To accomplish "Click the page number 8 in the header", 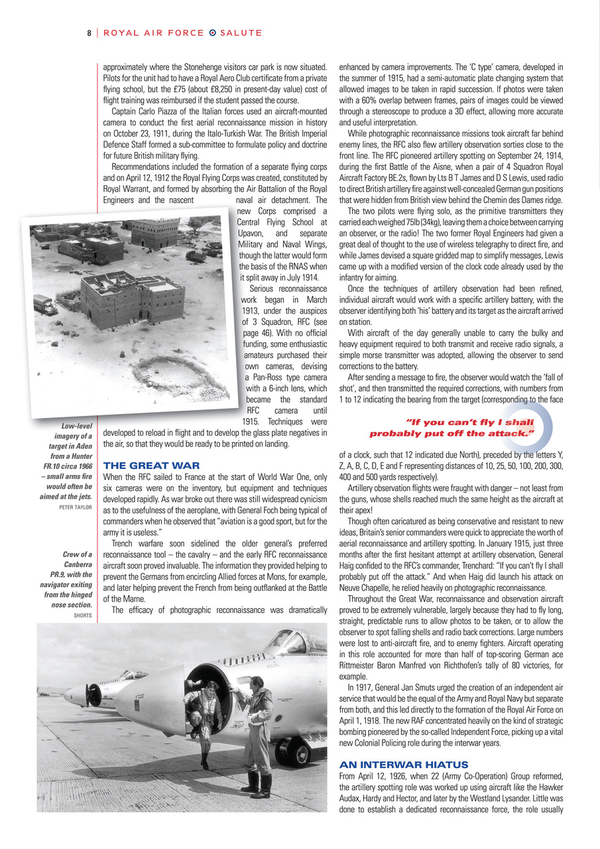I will (x=88, y=33).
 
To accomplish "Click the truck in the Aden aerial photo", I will (x=45, y=304).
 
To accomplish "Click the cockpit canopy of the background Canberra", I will (x=133, y=675).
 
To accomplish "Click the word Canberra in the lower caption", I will (x=78, y=564).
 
